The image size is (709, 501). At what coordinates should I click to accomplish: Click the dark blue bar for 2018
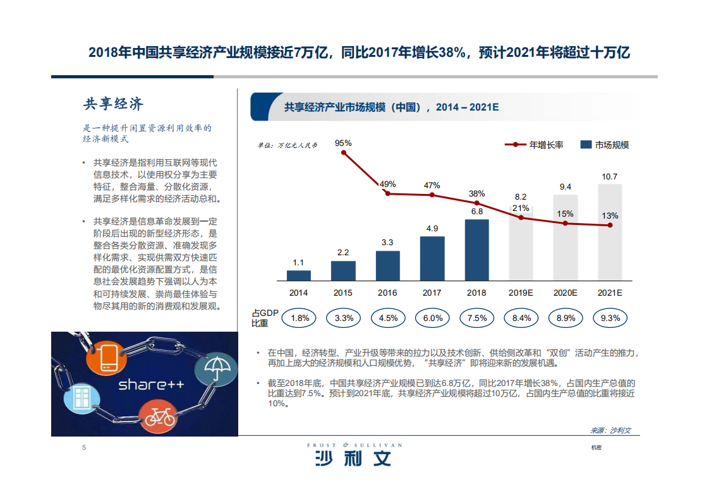(476, 250)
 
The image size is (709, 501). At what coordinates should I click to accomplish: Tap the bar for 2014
(299, 275)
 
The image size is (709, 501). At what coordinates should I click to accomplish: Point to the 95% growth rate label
(343, 143)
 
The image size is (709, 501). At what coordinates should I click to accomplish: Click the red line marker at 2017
(432, 195)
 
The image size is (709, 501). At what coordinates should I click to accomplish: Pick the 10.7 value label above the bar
(610, 177)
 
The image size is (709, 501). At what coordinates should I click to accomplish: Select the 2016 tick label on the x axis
(387, 293)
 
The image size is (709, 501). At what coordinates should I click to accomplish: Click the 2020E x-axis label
(566, 293)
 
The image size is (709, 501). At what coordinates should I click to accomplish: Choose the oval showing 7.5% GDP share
(476, 318)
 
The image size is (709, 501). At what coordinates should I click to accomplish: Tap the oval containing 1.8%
(299, 318)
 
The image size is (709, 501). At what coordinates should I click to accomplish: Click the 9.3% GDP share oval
(610, 318)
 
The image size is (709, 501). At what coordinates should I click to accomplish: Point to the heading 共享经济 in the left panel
(114, 104)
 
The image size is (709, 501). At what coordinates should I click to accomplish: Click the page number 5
(83, 448)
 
